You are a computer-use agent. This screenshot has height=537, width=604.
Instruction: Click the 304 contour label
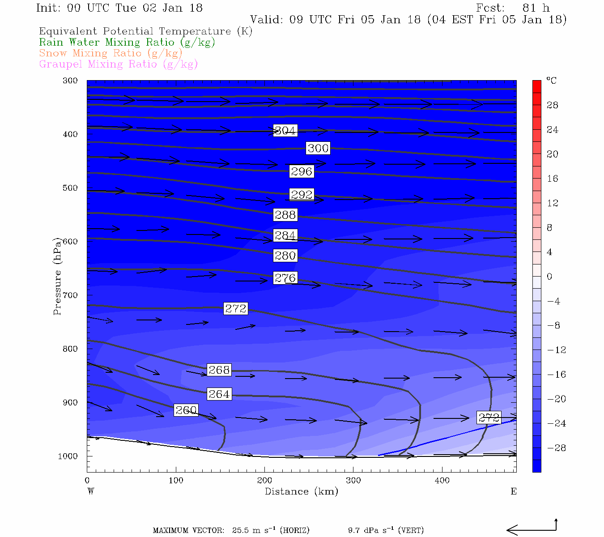pos(285,131)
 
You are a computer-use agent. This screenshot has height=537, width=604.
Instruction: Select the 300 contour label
pos(318,148)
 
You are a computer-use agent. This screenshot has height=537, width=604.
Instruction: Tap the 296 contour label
pos(301,171)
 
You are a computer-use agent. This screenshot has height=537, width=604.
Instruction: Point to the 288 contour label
pos(285,215)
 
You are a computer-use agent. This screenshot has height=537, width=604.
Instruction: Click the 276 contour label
pos(285,278)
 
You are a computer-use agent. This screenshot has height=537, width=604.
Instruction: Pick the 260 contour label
pos(186,410)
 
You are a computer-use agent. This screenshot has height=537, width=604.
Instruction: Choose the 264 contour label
pos(219,394)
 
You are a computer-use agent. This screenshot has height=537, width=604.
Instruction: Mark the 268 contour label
pos(219,370)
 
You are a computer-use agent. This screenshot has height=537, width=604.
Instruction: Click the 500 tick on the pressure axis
pos(70,188)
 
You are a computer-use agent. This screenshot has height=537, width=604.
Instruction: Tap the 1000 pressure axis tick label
pos(68,456)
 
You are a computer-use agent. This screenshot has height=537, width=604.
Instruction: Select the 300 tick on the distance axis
pos(353,481)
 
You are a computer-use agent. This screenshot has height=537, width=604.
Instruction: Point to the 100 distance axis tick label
pos(176,481)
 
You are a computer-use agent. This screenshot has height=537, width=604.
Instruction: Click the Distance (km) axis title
pos(301,491)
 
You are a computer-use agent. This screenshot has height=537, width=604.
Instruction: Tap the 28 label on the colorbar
pos(553,105)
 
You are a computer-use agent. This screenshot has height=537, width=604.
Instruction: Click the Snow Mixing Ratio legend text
pos(111,53)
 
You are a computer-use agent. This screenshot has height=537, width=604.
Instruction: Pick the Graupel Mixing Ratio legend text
pos(118,64)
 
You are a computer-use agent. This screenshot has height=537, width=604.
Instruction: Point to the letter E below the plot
pos(514,491)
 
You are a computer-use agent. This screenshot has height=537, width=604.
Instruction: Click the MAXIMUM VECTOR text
pos(188,531)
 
